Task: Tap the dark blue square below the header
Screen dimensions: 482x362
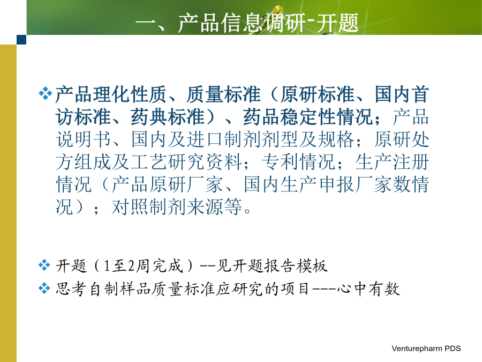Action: coord(21,40)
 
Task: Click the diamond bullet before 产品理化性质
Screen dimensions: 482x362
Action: coord(45,93)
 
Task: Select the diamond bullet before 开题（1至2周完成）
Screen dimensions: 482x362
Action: coord(44,265)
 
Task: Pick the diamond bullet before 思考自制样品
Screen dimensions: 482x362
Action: coord(44,289)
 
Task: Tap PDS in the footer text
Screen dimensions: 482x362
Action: coord(453,348)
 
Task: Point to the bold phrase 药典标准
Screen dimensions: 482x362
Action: coord(168,117)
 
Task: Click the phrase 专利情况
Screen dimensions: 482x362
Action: coord(299,162)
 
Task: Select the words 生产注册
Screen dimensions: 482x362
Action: coord(392,162)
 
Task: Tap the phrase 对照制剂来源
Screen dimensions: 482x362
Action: coord(168,206)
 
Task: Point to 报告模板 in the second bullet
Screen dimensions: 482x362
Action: coord(296,265)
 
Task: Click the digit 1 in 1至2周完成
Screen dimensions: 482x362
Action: coord(107,265)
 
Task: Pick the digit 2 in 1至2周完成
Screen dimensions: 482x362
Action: coord(131,265)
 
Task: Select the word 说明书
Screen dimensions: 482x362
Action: coord(84,139)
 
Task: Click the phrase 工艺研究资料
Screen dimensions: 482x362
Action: coord(186,162)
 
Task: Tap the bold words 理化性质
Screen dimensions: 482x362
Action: coord(130,94)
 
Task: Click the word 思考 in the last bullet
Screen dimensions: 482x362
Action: coord(71,289)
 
